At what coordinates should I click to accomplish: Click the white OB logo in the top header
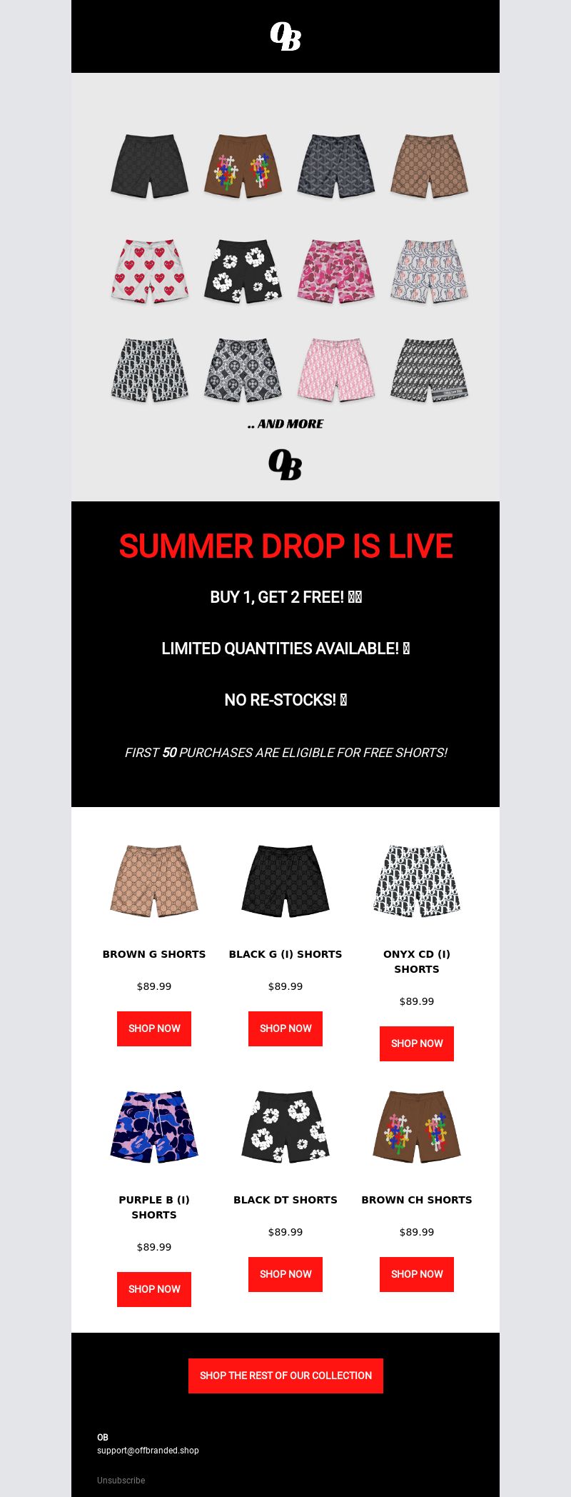pos(285,36)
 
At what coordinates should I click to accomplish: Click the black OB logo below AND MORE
pos(285,464)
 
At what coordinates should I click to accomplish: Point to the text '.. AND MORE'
pos(285,424)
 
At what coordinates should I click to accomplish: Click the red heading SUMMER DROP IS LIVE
pos(285,546)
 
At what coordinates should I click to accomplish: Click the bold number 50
pos(169,753)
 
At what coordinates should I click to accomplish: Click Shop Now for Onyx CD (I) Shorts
pos(417,1043)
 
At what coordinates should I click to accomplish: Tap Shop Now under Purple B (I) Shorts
pos(154,1289)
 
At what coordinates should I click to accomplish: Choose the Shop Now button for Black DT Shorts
pos(285,1274)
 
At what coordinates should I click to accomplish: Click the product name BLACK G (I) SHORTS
pos(285,954)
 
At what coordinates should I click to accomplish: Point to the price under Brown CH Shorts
pos(417,1232)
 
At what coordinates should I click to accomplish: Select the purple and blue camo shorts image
pos(154,1126)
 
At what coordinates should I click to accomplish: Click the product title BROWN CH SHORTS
pos(417,1200)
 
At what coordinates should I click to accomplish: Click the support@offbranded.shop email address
pos(148,1451)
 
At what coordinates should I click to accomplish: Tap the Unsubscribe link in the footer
pos(121,1481)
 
